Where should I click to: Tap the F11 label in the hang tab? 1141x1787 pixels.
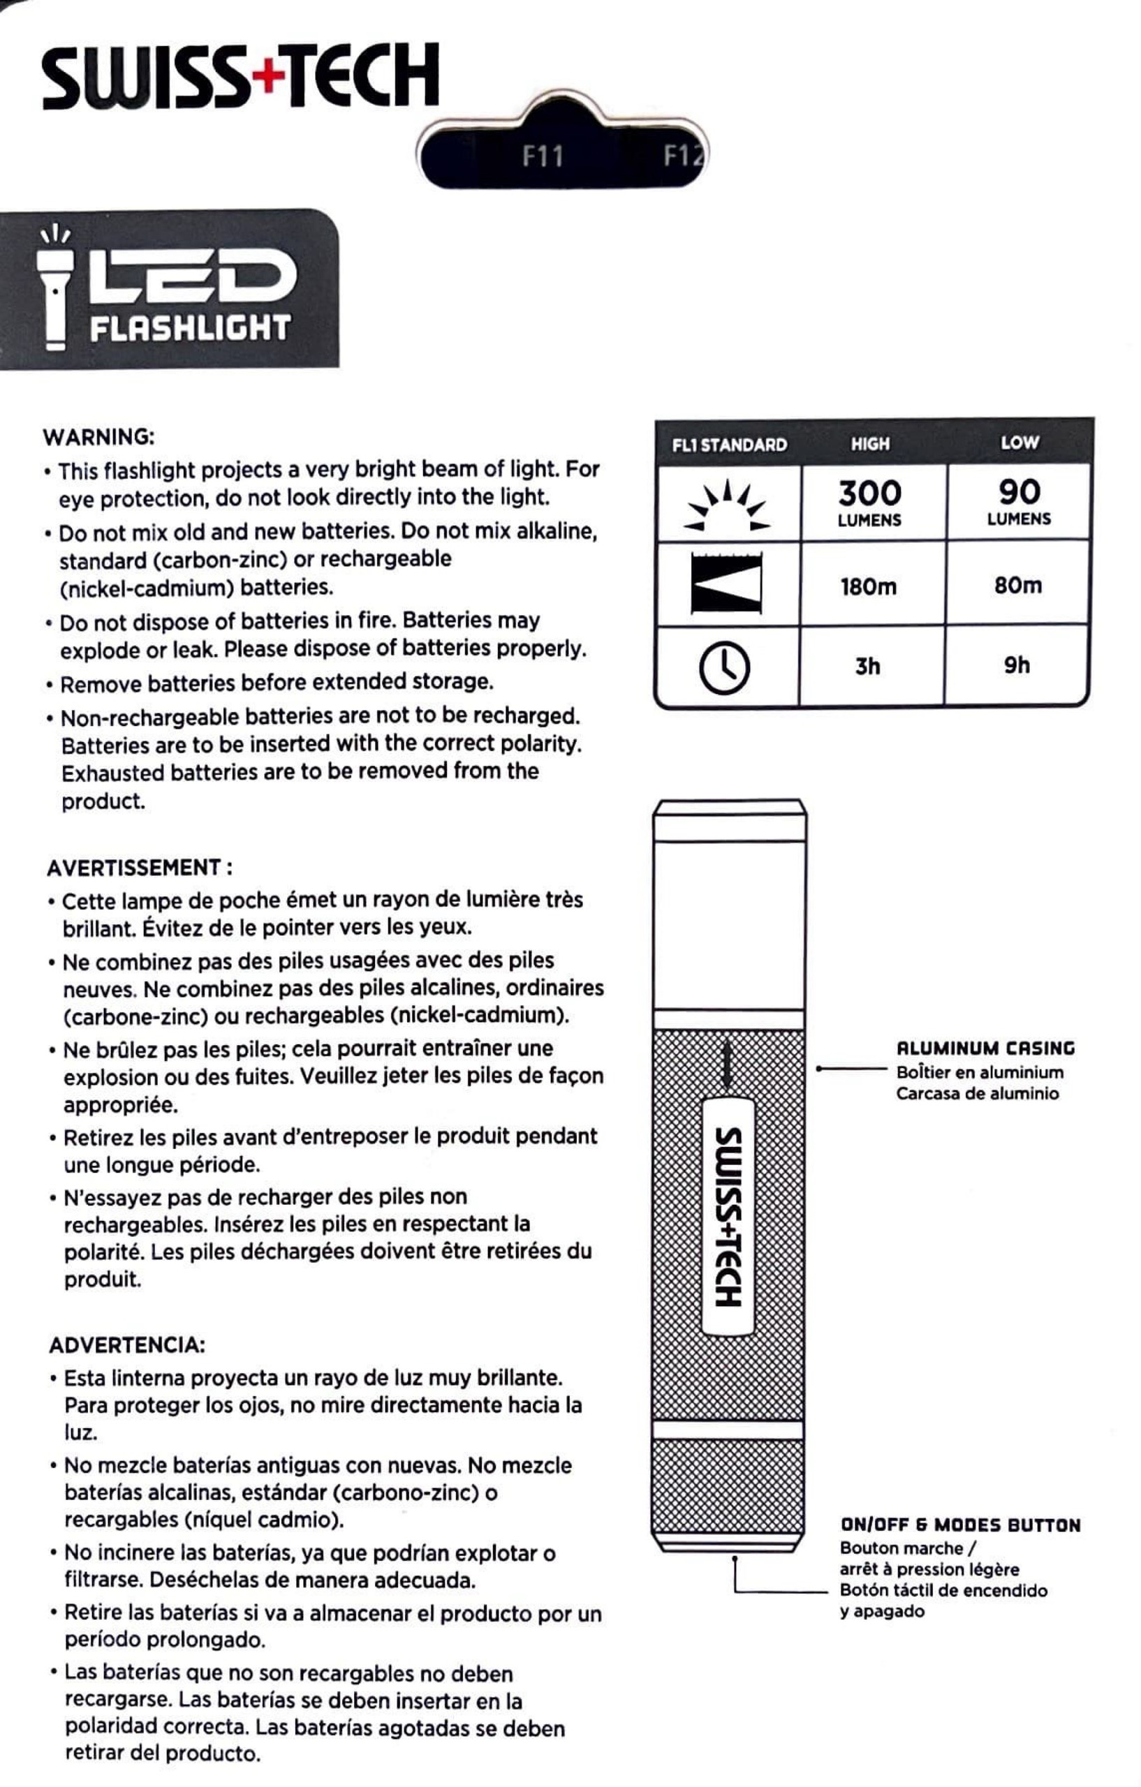click(542, 156)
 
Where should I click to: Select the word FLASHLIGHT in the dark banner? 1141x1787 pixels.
click(190, 328)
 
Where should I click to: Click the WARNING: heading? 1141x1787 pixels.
click(98, 437)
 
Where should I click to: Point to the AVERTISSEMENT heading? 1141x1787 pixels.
click(140, 868)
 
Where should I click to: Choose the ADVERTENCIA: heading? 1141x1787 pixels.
click(127, 1344)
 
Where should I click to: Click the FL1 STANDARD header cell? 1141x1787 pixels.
click(729, 445)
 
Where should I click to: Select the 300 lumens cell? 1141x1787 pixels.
click(869, 503)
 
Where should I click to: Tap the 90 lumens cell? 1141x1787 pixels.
click(1019, 501)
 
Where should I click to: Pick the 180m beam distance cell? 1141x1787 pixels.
click(869, 587)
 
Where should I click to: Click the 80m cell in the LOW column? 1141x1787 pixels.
click(1018, 586)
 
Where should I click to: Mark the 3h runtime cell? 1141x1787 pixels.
click(867, 667)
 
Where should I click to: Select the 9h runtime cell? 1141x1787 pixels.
click(1017, 665)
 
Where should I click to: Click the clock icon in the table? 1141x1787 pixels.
click(725, 667)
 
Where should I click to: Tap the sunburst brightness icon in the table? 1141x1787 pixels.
click(727, 507)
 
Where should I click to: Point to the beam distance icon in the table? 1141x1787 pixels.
click(726, 584)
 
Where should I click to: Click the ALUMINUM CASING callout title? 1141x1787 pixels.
click(985, 1048)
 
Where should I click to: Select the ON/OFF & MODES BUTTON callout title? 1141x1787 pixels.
click(960, 1525)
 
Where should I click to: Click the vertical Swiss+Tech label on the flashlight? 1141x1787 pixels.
click(728, 1218)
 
